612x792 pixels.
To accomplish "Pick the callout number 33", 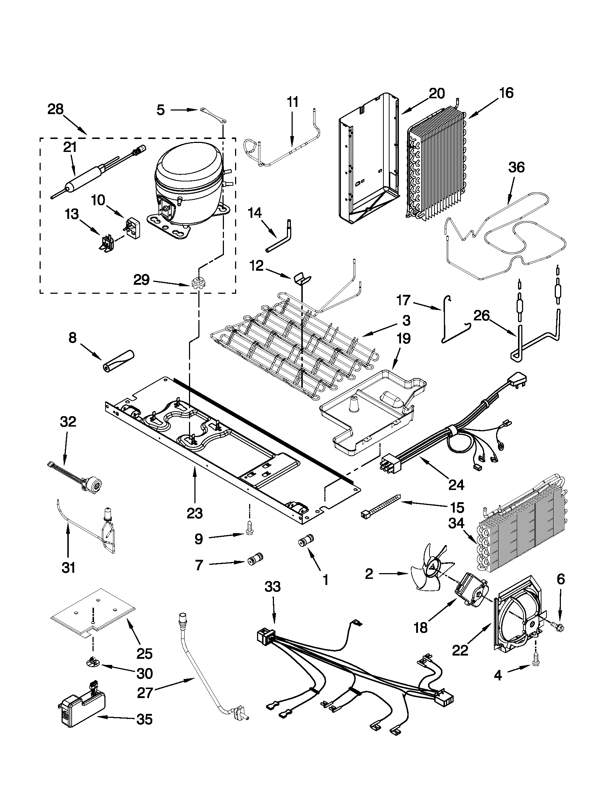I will pos(273,586).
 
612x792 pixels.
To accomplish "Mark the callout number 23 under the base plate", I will pos(195,513).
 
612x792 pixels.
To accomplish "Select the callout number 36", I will pos(517,168).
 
